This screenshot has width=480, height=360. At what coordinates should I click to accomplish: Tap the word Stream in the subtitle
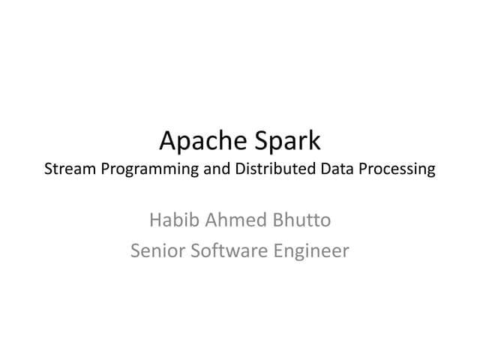pyautogui.click(x=68, y=169)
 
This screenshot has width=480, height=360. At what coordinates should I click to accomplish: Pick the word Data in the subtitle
pyautogui.click(x=337, y=169)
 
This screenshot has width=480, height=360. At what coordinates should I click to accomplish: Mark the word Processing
pyautogui.click(x=397, y=169)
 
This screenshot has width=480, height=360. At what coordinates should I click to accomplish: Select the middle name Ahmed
pyautogui.click(x=232, y=220)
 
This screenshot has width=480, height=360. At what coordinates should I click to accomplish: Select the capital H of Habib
pyautogui.click(x=155, y=220)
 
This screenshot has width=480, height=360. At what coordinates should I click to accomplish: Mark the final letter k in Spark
pyautogui.click(x=314, y=139)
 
